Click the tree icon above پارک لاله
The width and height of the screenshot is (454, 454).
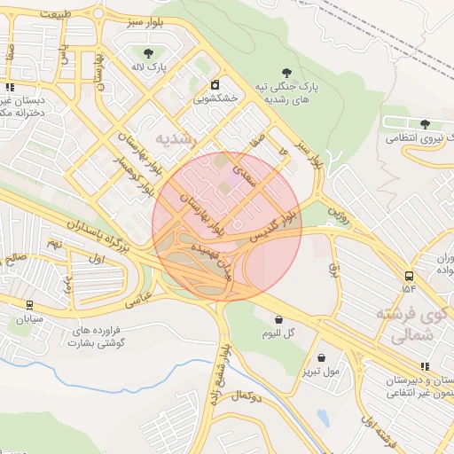(148, 53)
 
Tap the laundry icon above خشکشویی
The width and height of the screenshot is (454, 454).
(215, 85)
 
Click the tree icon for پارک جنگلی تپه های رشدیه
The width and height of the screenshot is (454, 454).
(286, 74)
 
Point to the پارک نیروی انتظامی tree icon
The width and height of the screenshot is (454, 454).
(425, 124)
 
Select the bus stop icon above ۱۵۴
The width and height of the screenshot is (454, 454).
(408, 276)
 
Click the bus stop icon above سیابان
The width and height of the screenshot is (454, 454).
(29, 304)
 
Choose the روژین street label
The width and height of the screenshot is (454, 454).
(335, 213)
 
